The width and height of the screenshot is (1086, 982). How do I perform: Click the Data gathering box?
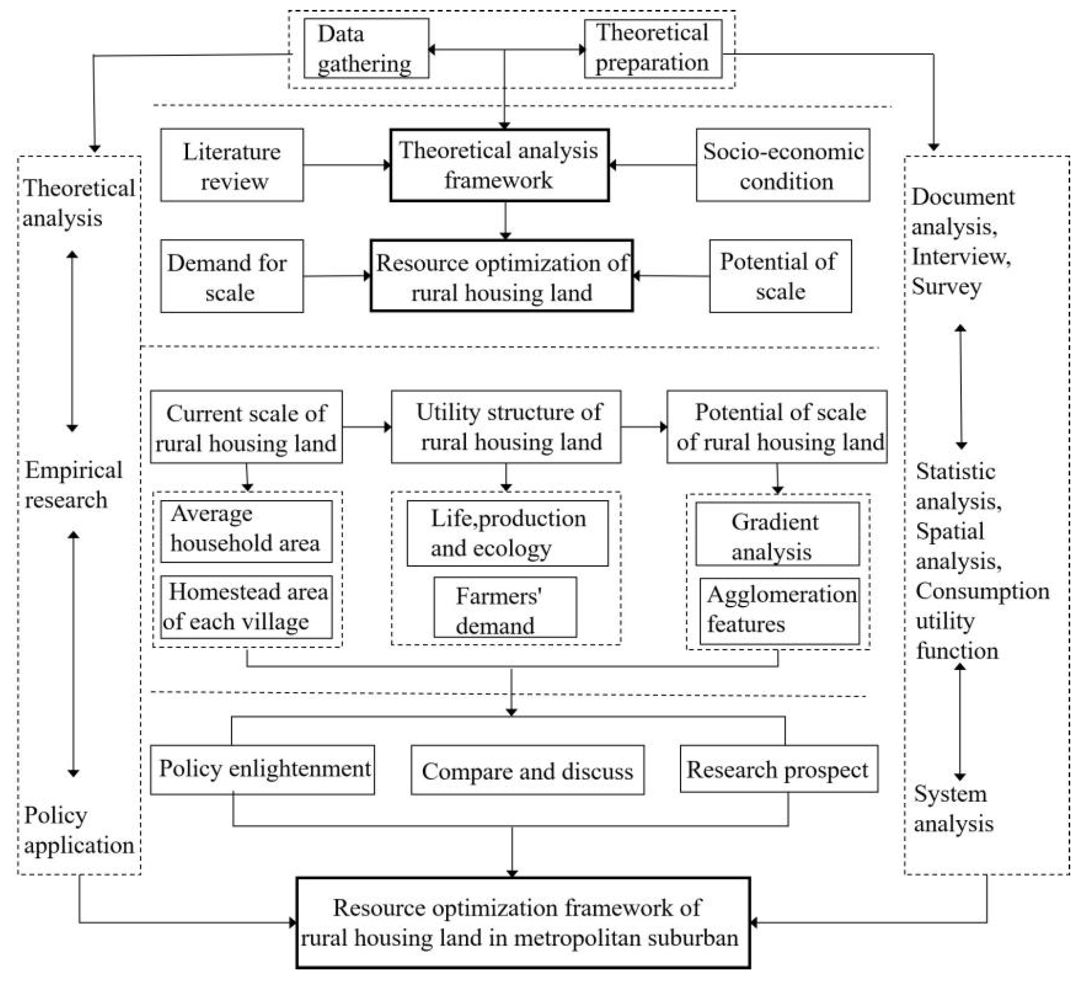(367, 49)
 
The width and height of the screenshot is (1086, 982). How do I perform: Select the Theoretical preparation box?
(652, 49)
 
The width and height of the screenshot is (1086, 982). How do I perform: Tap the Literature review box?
(232, 165)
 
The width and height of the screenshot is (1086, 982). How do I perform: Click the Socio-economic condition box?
(782, 165)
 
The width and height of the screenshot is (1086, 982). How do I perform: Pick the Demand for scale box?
(232, 276)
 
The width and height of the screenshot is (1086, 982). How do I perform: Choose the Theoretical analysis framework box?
(499, 165)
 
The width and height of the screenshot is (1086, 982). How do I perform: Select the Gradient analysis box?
(777, 534)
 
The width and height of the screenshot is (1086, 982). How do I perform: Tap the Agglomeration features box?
(779, 611)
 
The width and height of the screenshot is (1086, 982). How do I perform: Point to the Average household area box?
(246, 531)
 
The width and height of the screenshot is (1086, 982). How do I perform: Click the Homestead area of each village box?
(246, 607)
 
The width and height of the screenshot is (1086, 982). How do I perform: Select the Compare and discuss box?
(527, 770)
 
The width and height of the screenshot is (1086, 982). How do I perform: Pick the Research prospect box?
(779, 769)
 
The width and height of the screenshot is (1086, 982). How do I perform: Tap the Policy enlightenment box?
(262, 769)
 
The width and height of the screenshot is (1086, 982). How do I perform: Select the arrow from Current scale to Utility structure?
(367, 427)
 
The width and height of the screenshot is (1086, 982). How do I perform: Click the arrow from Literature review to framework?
(346, 165)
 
